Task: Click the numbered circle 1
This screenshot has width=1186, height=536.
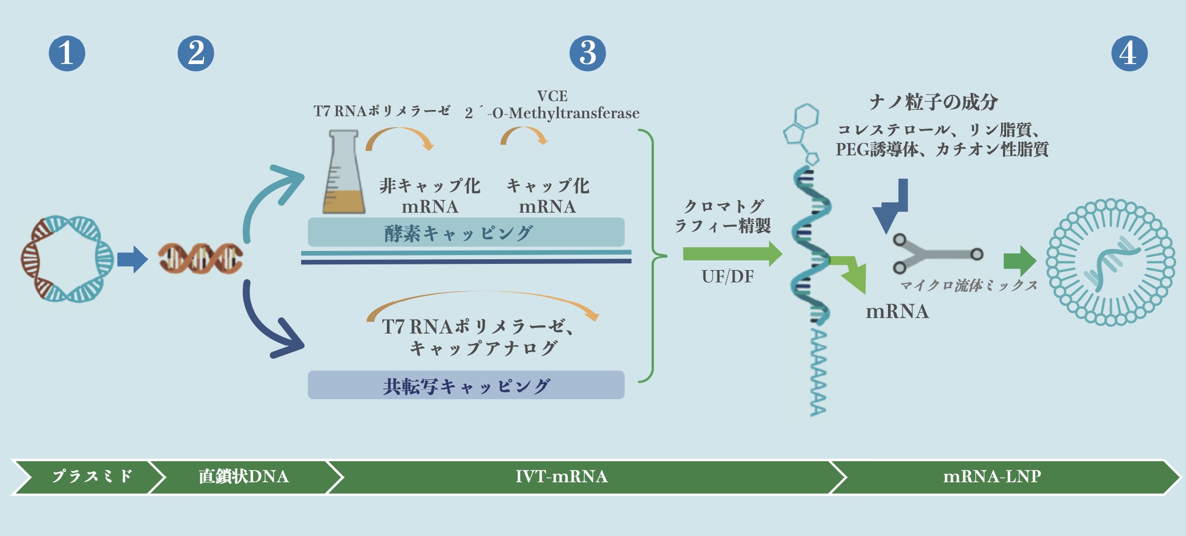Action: [67, 53]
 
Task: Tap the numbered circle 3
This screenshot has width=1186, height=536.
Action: [587, 53]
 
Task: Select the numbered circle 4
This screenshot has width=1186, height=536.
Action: [1129, 53]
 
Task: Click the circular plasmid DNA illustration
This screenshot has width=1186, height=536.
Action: [67, 258]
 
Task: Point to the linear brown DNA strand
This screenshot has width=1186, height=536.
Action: [200, 258]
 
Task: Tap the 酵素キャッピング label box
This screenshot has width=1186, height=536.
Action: [465, 232]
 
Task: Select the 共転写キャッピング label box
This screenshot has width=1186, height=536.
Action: [465, 385]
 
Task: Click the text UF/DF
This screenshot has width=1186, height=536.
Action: [727, 277]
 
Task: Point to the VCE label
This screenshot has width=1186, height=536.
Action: [552, 96]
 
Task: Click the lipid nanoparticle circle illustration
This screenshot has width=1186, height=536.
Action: [1111, 262]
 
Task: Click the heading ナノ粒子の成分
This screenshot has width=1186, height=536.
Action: [933, 102]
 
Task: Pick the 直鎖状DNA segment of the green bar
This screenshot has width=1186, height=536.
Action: [243, 476]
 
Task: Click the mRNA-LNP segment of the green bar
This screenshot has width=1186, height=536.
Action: [992, 476]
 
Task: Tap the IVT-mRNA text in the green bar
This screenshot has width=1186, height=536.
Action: [561, 476]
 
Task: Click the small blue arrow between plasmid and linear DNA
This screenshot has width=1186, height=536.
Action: [132, 259]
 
